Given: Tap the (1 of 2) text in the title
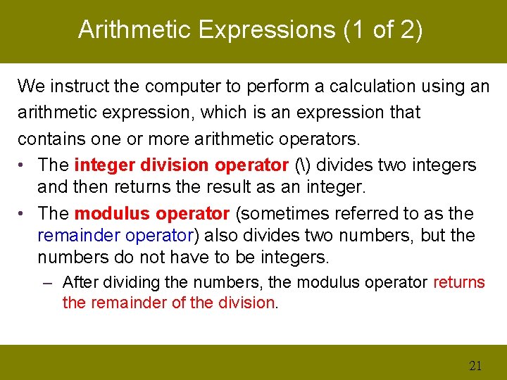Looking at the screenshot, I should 383,30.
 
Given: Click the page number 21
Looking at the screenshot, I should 475,365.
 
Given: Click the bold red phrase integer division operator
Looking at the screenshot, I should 182,165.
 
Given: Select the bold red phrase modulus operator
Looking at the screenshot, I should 152,213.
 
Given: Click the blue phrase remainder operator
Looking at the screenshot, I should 115,236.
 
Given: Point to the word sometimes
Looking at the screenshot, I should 286,213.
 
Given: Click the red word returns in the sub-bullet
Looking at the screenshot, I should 459,283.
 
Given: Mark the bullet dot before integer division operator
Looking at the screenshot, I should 23,165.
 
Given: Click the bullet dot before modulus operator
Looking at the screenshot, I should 23,213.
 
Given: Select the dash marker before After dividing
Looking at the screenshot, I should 47,283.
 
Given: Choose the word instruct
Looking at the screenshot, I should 80,87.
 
